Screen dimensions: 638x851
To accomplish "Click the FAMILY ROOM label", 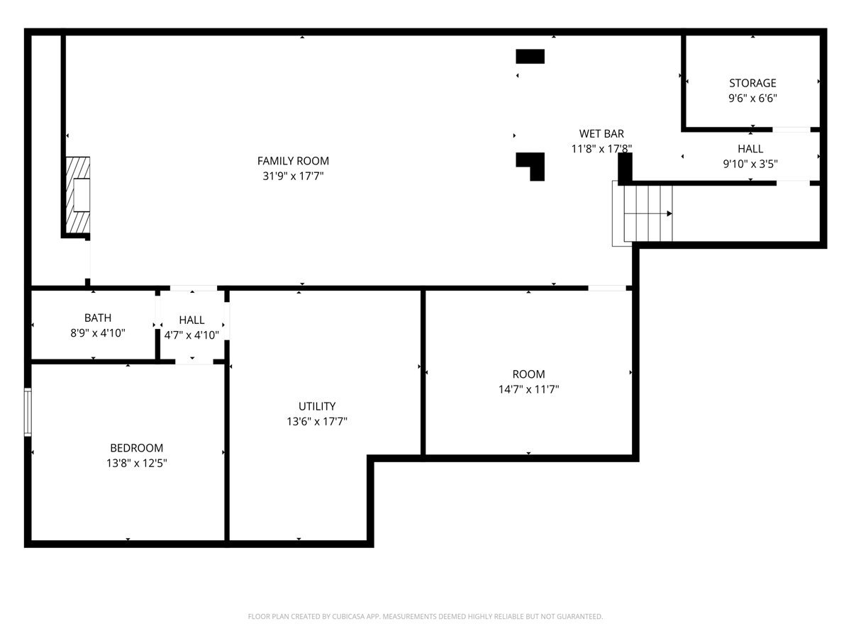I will (x=293, y=161).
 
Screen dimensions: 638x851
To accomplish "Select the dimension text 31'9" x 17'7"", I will (x=293, y=177).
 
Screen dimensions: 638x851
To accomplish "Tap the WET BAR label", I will (x=601, y=133).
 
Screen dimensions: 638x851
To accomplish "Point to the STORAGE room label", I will (x=752, y=83).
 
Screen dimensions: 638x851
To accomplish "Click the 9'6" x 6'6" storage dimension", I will (x=752, y=99).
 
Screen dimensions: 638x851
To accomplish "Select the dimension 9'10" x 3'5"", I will (x=750, y=164).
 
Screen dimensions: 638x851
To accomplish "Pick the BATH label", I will (x=97, y=318).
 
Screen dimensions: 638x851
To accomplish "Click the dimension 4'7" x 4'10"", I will (x=191, y=335).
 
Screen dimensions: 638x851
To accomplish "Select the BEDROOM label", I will (x=136, y=448).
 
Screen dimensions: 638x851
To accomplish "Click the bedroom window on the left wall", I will (x=28, y=412).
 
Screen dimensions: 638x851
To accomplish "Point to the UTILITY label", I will (x=317, y=406).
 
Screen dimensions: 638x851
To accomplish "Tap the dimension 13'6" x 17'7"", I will (x=317, y=422).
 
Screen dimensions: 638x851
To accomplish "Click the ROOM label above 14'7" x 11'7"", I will (x=529, y=374).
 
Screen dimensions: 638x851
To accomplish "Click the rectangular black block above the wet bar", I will (x=530, y=57).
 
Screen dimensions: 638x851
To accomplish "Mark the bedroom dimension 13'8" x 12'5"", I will (x=136, y=464).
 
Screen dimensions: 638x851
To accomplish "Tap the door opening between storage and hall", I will (x=791, y=130).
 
